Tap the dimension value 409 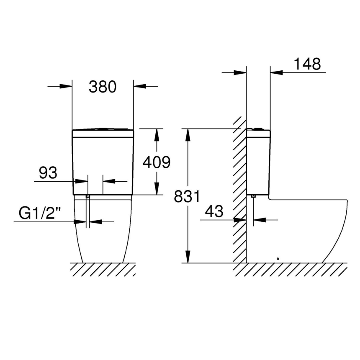pos(156,162)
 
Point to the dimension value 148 pos(307,64)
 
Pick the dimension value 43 pos(215,211)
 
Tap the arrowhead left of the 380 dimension pos(67,86)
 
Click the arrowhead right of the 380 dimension pos(139,86)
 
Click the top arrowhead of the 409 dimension pos(157,134)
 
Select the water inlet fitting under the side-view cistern pos(253,196)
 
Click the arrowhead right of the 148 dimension pos(276,72)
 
